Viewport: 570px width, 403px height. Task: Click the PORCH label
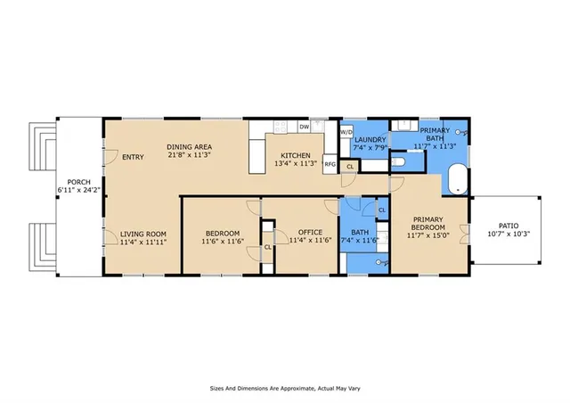79,182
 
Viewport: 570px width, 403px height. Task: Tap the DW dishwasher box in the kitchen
305,127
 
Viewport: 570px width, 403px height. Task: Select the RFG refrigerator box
330,164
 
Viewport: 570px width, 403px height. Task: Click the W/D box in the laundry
346,132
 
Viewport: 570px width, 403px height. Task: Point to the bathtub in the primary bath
458,180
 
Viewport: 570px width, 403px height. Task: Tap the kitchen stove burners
281,127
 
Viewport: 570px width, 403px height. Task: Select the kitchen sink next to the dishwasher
317,126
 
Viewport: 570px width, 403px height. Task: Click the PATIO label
509,226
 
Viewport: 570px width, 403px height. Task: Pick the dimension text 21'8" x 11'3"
190,154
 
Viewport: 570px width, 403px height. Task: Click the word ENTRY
133,157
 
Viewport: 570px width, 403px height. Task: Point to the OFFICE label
310,233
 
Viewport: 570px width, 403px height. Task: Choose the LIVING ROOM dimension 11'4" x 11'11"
143,242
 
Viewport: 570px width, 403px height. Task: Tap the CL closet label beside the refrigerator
350,167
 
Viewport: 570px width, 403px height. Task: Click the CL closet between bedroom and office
268,247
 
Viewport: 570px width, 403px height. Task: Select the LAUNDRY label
370,140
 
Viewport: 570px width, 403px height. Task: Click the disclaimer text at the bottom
285,389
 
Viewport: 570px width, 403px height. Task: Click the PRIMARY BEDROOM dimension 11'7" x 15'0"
428,235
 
